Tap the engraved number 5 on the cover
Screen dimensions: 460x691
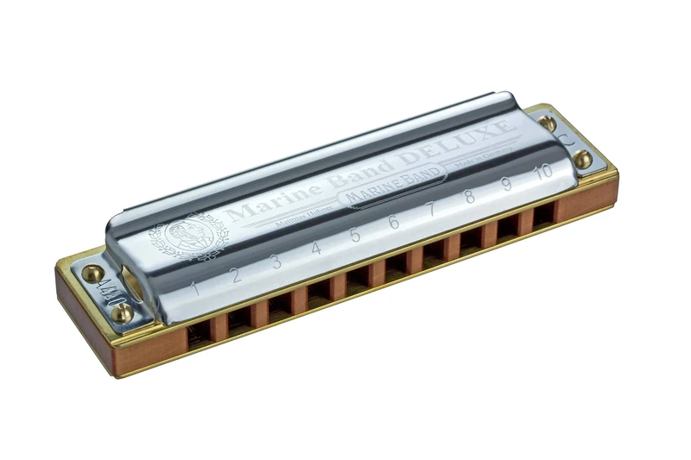click(x=354, y=235)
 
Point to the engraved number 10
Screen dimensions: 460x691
click(x=542, y=170)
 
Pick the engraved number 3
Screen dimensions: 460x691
click(x=276, y=262)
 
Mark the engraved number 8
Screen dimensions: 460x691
click(x=469, y=196)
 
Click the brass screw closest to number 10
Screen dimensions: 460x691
click(x=584, y=159)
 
